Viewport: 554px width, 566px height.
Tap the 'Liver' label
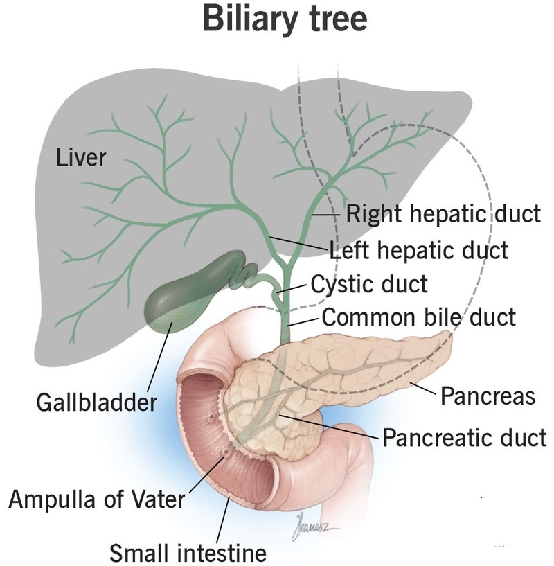pyautogui.click(x=81, y=158)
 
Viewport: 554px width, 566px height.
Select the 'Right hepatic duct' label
pyautogui.click(x=444, y=214)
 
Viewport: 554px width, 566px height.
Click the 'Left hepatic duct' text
pyautogui.click(x=419, y=250)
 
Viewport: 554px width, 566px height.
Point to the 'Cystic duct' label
pyautogui.click(x=369, y=284)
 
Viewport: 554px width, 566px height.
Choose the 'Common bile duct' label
pyautogui.click(x=419, y=317)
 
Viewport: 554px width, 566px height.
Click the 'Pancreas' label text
pyautogui.click(x=488, y=396)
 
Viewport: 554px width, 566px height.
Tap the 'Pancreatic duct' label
pyautogui.click(x=464, y=438)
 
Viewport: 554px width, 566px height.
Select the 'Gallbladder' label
pyautogui.click(x=97, y=402)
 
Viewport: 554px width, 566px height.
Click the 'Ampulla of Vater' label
pyautogui.click(x=96, y=499)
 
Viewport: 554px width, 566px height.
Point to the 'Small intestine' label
pyautogui.click(x=188, y=552)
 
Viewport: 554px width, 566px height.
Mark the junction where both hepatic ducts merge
pyautogui.click(x=287, y=268)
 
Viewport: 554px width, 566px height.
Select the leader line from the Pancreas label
pyautogui.click(x=423, y=388)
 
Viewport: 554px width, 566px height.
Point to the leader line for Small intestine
pyautogui.click(x=223, y=519)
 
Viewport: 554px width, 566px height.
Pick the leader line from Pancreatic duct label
pyautogui.click(x=328, y=426)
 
